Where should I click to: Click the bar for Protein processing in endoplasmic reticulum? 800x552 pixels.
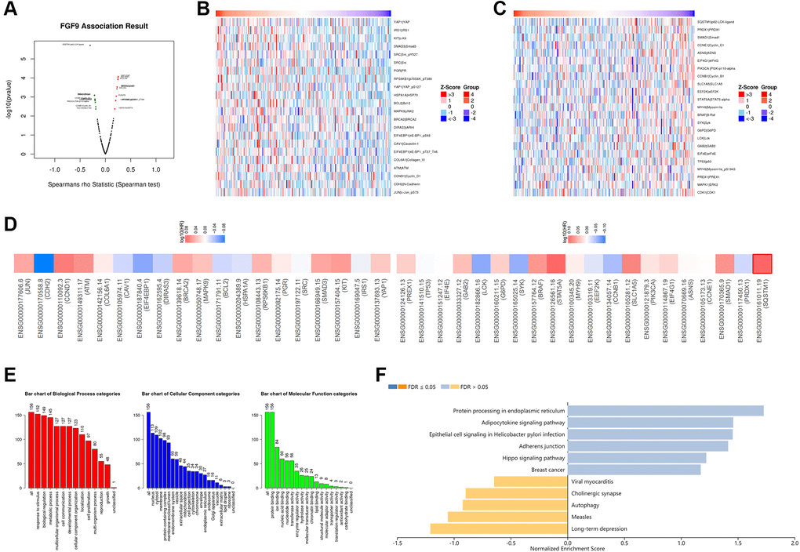[665, 410]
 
